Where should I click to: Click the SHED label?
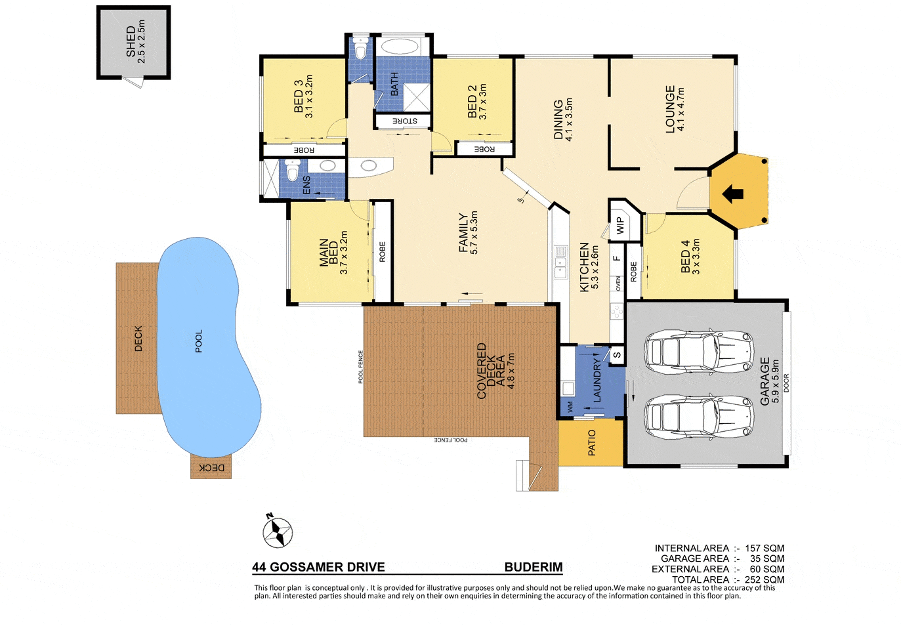pos(131,42)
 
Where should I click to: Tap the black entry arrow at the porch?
pos(732,194)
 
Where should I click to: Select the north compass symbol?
pos(277,531)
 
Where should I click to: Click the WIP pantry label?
pos(620,226)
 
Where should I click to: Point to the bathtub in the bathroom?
pos(400,47)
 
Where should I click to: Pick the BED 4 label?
pos(685,257)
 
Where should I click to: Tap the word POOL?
pos(199,341)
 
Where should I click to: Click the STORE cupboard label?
pos(405,121)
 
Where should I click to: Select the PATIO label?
pos(592,442)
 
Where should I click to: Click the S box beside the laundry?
pos(618,355)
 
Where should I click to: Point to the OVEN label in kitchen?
pos(618,283)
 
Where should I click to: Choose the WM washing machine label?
pos(570,407)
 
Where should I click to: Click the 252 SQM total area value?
pos(765,579)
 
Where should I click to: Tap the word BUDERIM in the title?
pos(534,567)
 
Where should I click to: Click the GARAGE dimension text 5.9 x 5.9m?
pos(776,381)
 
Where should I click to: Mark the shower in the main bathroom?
pos(416,97)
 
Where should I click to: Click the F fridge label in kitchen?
pos(617,259)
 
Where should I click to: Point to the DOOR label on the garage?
pos(786,383)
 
